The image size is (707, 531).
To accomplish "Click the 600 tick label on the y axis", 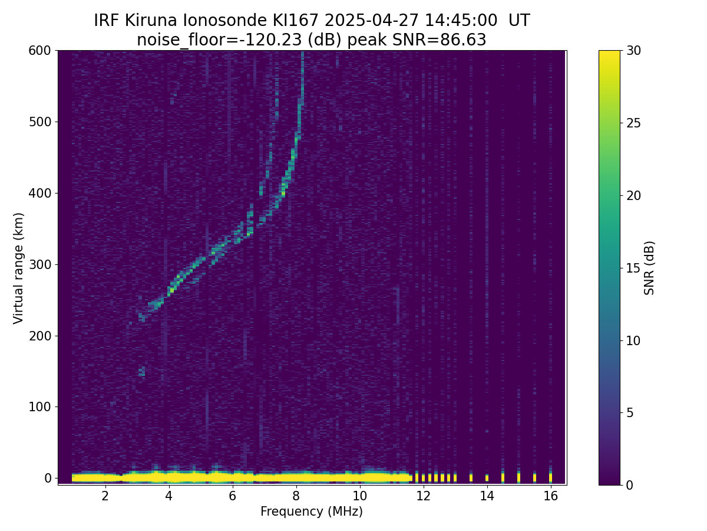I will tap(40, 51).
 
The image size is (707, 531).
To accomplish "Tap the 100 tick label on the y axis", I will tap(40, 407).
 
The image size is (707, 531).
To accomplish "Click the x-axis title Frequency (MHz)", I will tap(312, 512).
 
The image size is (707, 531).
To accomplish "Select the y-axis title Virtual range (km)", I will tap(19, 268).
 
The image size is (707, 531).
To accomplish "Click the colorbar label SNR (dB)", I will tap(649, 268).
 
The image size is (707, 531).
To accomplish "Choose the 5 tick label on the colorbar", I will tap(629, 412).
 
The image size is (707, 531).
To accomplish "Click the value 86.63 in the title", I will tap(462, 40).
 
